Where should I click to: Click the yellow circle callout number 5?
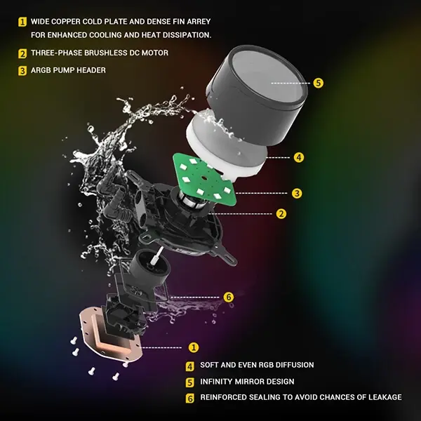point(318,83)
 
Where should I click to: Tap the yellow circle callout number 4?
point(299,157)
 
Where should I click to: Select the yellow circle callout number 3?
point(297,194)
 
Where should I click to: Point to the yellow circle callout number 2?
point(281,214)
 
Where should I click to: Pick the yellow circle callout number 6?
point(229,298)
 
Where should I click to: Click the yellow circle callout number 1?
point(194,347)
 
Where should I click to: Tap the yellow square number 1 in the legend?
point(22,22)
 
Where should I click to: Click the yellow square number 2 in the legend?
point(22,54)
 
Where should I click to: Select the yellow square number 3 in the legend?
point(22,71)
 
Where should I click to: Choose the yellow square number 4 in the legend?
point(190,366)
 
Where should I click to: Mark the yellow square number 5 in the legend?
point(190,382)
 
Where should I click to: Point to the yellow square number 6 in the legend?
point(190,399)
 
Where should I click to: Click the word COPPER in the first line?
point(66,22)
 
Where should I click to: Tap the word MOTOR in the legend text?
point(155,53)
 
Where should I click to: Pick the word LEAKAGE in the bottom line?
point(385,397)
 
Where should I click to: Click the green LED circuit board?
point(204,178)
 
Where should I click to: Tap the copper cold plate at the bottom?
point(110,337)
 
